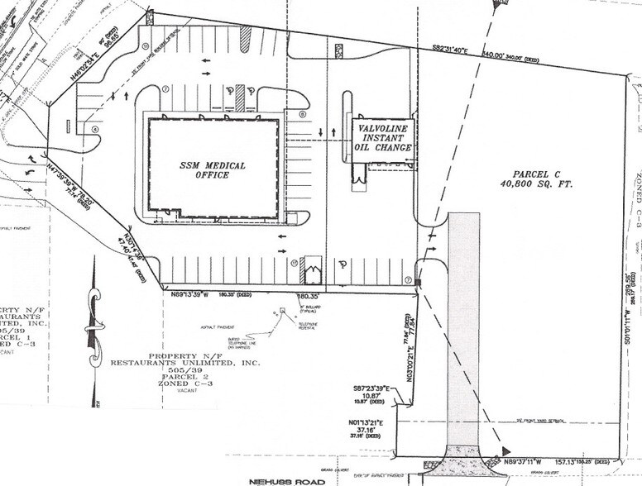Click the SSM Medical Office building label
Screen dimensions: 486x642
tap(213, 170)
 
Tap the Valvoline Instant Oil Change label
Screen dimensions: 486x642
tap(383, 137)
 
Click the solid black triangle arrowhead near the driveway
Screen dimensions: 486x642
tap(505, 450)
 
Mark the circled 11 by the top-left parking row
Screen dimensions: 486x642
tap(146, 46)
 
